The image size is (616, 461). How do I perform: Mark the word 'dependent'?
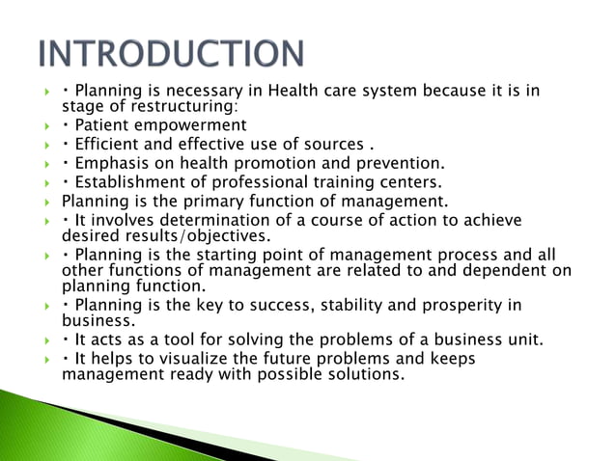coord(502,271)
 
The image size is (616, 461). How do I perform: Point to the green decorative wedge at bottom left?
coord(58,415)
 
